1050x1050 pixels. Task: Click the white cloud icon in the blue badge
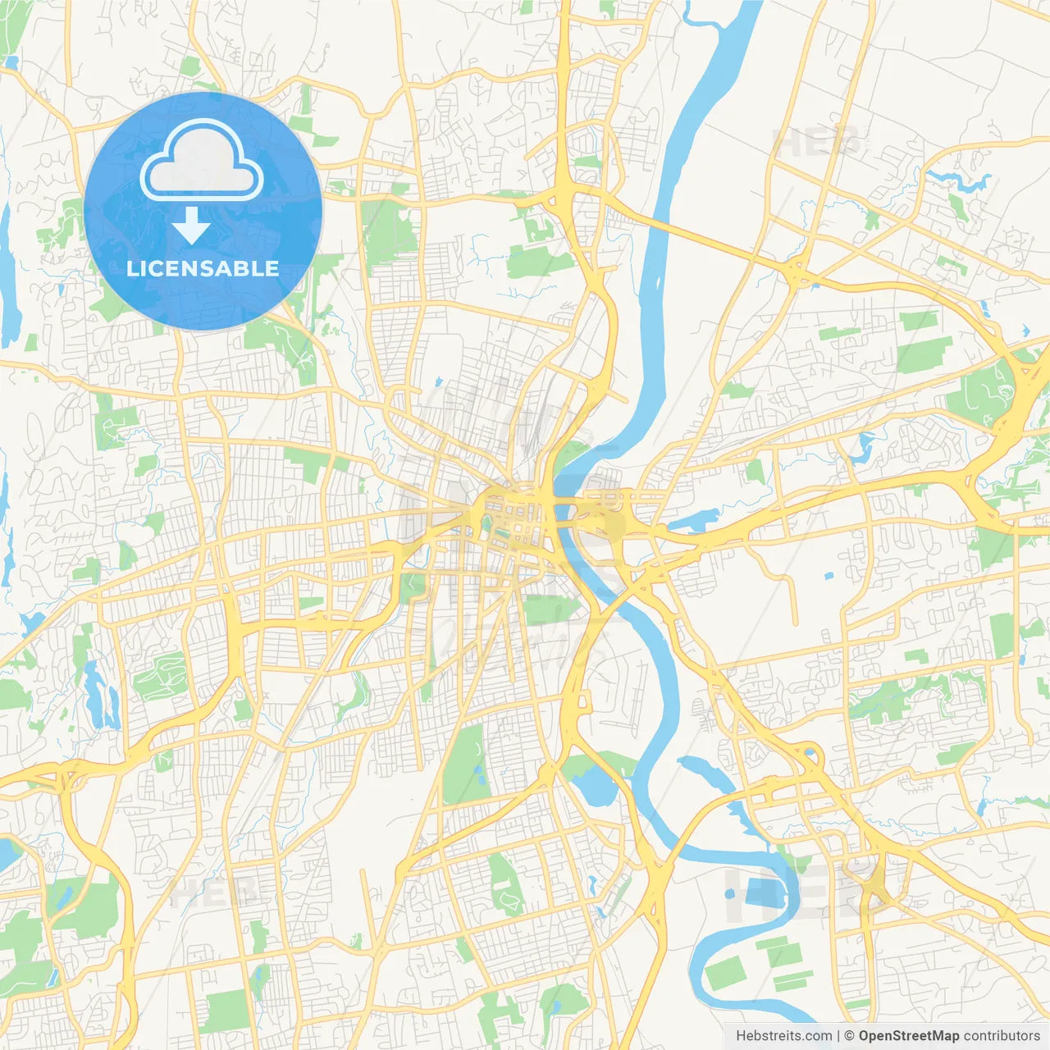click(x=201, y=161)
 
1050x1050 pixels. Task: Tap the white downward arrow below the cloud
click(x=191, y=226)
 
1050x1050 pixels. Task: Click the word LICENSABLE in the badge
click(x=203, y=268)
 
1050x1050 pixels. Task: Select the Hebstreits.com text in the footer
click(x=783, y=1036)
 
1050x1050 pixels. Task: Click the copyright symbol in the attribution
click(x=850, y=1036)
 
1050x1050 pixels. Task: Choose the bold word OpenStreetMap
click(x=908, y=1036)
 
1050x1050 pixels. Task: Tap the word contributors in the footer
click(x=1002, y=1036)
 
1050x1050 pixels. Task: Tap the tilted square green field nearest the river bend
click(x=724, y=973)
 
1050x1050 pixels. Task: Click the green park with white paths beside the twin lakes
click(x=160, y=677)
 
